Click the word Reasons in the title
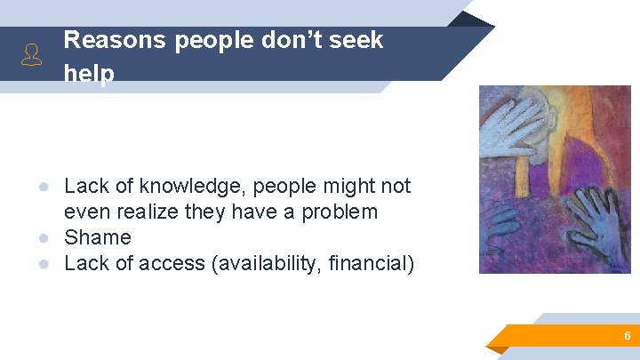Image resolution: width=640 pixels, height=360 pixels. (x=115, y=40)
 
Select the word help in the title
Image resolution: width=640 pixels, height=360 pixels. (x=89, y=75)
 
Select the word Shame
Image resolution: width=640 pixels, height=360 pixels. (x=98, y=237)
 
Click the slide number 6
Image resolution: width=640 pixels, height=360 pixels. (x=628, y=336)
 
